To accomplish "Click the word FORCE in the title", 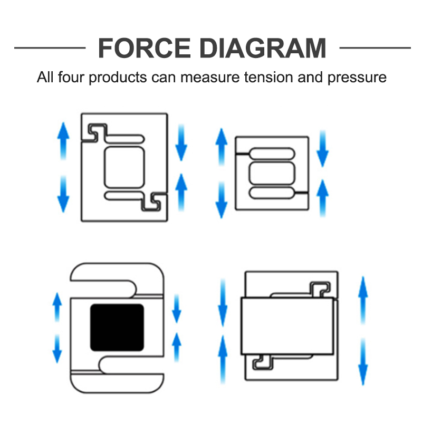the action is click(x=144, y=48).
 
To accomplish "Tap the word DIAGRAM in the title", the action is click(x=263, y=48).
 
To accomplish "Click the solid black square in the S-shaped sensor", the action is click(x=117, y=328).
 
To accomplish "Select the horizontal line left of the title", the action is click(x=50, y=48).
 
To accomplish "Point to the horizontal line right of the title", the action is click(x=375, y=48).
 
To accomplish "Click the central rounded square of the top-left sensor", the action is click(x=124, y=167).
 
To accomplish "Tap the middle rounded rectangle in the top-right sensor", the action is click(x=272, y=173).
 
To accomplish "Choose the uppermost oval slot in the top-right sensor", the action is click(x=272, y=154).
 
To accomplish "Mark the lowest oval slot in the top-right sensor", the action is click(x=272, y=193).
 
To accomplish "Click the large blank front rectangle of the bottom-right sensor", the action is click(x=287, y=326).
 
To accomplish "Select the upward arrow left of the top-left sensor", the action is click(x=63, y=141).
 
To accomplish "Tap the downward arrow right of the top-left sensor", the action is click(x=181, y=142).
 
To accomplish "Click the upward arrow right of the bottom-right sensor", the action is click(x=363, y=300).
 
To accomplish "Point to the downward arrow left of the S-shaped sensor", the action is click(x=57, y=349).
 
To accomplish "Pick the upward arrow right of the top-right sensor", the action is click(x=322, y=198).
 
